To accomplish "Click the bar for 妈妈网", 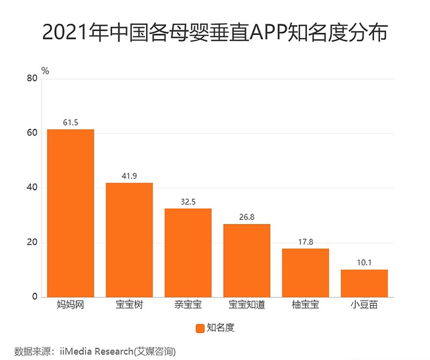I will pyautogui.click(x=70, y=213).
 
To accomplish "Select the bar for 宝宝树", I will pyautogui.click(x=129, y=240).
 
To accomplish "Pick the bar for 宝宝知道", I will pyautogui.click(x=246, y=261).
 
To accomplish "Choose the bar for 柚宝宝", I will pyautogui.click(x=305, y=273).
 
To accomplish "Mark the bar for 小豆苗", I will pyautogui.click(x=364, y=283).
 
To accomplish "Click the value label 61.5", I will pyautogui.click(x=70, y=123).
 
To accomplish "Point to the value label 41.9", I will pyautogui.click(x=129, y=176).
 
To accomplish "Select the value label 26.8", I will pyautogui.click(x=246, y=217).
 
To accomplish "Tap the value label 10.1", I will pyautogui.click(x=364, y=263).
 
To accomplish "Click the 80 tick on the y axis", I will pyautogui.click(x=32, y=79).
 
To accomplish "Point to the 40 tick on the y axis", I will pyautogui.click(x=32, y=188).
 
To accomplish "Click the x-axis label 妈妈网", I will pyautogui.click(x=70, y=306).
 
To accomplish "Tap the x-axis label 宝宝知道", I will pyautogui.click(x=246, y=306).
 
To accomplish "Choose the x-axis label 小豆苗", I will pyautogui.click(x=364, y=306).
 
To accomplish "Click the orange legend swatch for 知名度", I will pyautogui.click(x=199, y=327).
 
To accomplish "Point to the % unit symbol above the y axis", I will pyautogui.click(x=45, y=70).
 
